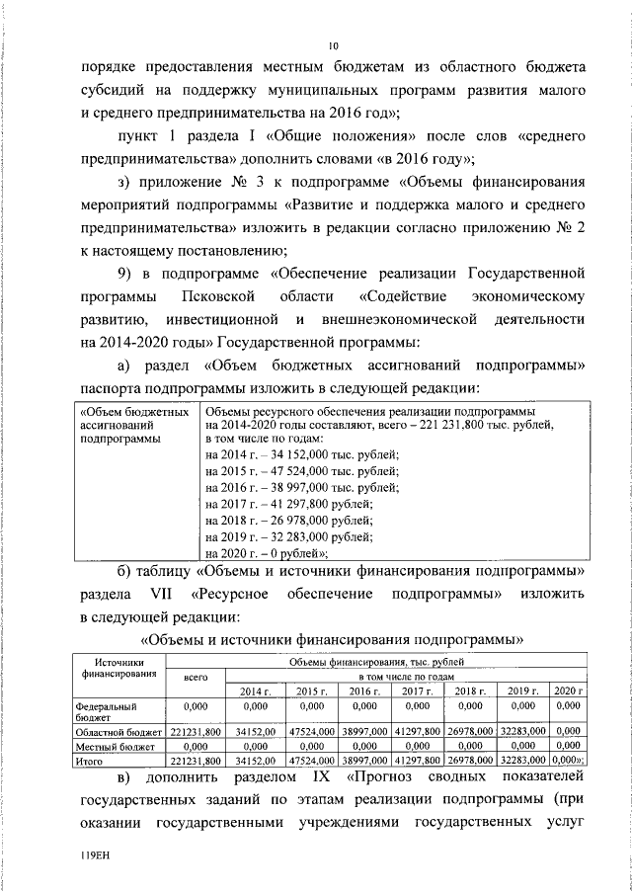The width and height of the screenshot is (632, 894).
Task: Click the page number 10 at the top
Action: (333, 45)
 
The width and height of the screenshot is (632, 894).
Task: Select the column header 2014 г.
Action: (256, 690)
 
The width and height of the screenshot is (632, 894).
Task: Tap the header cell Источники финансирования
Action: (119, 669)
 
